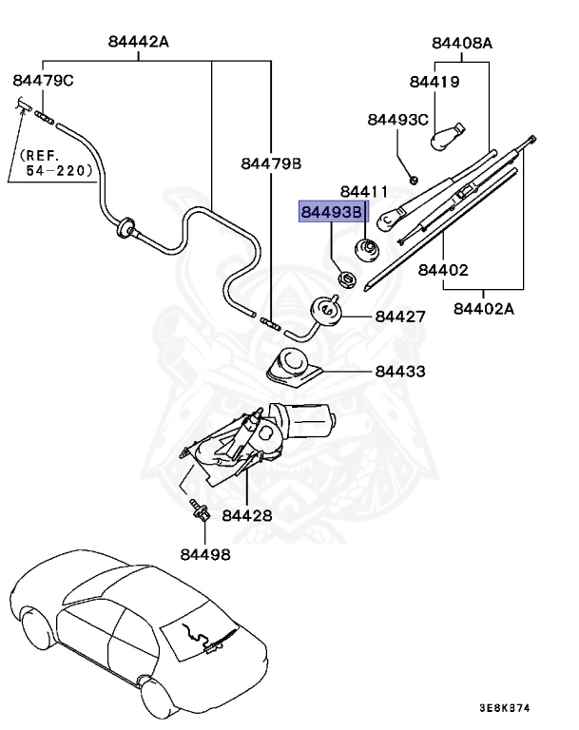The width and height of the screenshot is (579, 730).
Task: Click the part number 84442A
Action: coord(139,42)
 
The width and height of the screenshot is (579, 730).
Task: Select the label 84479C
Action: coord(43,81)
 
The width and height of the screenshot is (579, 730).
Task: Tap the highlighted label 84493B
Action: coord(332,213)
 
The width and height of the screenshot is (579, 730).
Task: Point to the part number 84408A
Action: coord(462,43)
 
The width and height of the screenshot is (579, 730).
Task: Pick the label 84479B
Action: coord(271,163)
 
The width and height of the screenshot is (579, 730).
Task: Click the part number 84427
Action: coord(400,317)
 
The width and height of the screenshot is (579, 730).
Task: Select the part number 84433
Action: coord(400,372)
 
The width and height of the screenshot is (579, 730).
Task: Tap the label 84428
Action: coord(247,516)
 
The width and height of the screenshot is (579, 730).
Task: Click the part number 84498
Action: coord(204,554)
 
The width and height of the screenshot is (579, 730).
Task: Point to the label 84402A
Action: coord(485,308)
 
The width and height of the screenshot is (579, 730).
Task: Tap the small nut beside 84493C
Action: coord(414,178)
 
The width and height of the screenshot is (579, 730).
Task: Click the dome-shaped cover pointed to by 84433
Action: coord(292,365)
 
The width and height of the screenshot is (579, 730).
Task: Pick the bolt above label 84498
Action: coord(200,509)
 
